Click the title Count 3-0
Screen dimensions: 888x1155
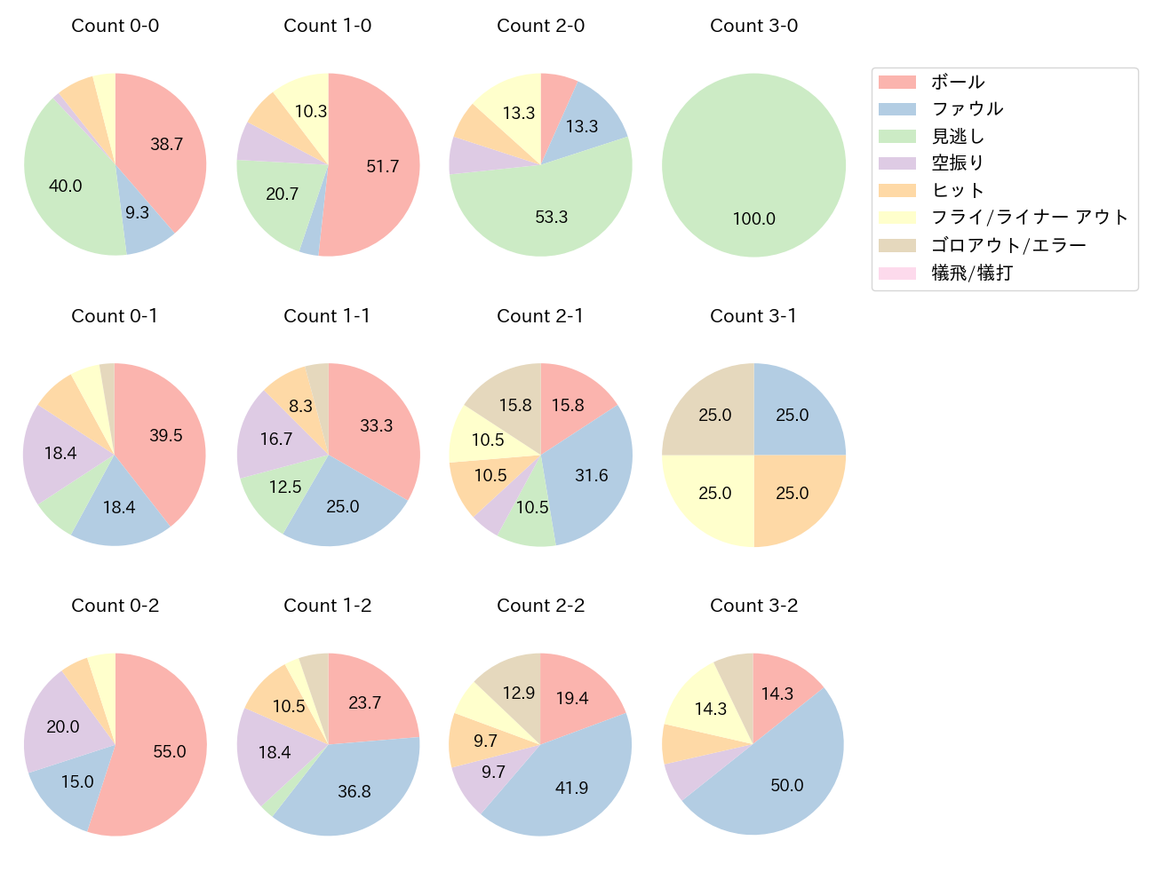753,26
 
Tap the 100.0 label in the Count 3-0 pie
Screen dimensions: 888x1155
753,218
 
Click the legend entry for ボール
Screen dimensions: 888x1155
957,82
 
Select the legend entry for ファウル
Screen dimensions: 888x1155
967,108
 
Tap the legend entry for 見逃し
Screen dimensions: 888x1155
957,136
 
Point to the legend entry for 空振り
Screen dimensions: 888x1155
957,163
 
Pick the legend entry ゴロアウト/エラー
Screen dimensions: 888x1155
1008,245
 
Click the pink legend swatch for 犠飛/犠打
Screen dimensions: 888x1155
896,273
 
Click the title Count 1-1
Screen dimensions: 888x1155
327,316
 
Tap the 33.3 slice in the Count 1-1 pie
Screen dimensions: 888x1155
376,426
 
